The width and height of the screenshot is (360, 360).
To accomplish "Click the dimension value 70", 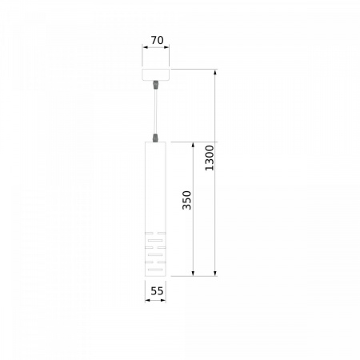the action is click(x=157, y=40).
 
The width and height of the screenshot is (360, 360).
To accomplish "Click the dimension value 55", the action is click(x=157, y=291).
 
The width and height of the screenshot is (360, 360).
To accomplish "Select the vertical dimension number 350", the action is click(x=187, y=200).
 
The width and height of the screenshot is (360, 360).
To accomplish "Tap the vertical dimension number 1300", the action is click(x=210, y=158).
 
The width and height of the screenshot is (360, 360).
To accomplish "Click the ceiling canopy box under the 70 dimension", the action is click(x=156, y=74).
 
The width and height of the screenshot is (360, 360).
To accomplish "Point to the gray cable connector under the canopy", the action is click(x=155, y=85).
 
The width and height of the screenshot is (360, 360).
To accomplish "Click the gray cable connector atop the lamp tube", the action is click(x=155, y=138).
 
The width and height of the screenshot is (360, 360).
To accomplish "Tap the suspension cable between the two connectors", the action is click(x=155, y=112).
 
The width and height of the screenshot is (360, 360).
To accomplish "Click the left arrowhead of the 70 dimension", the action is click(x=145, y=47).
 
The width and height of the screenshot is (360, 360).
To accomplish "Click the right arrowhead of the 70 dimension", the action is click(x=166, y=47).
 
